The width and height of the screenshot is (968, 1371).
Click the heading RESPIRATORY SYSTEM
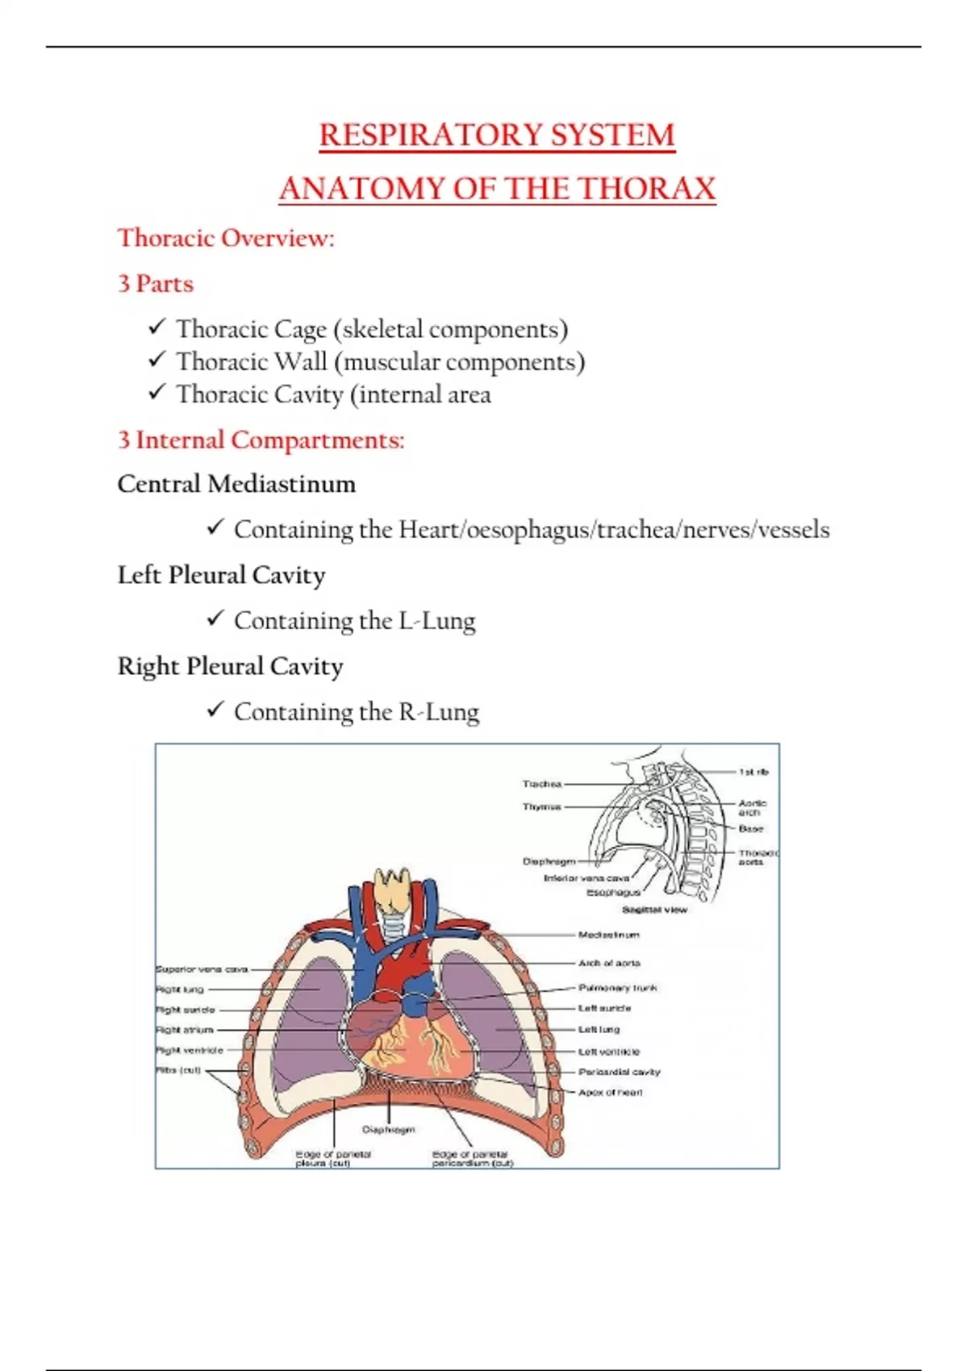pos(497,135)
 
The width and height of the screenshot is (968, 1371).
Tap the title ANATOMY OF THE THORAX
pos(497,189)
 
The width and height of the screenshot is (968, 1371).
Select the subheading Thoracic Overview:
pos(226,238)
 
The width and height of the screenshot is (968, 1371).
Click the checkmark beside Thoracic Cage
pos(156,327)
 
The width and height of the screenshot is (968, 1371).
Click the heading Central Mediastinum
pos(236,484)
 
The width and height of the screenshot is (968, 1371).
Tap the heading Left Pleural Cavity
pos(221,575)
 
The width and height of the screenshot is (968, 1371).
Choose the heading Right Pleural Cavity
pos(230,666)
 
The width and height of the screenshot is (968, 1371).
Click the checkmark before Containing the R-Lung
pos(215,710)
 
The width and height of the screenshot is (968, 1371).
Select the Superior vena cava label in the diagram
pos(202,969)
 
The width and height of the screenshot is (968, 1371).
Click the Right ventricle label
pos(190,1050)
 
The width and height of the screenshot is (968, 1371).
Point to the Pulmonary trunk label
pos(617,987)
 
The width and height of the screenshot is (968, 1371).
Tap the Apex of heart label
pos(611,1092)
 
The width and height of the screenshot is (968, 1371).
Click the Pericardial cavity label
pos(619,1072)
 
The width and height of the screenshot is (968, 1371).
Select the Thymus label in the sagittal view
pos(541,806)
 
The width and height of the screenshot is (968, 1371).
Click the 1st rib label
pos(753,772)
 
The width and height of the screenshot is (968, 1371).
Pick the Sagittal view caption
pos(654,910)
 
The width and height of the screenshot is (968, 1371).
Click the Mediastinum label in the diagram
pos(608,935)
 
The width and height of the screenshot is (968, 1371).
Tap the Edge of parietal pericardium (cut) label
pos(472,1159)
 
